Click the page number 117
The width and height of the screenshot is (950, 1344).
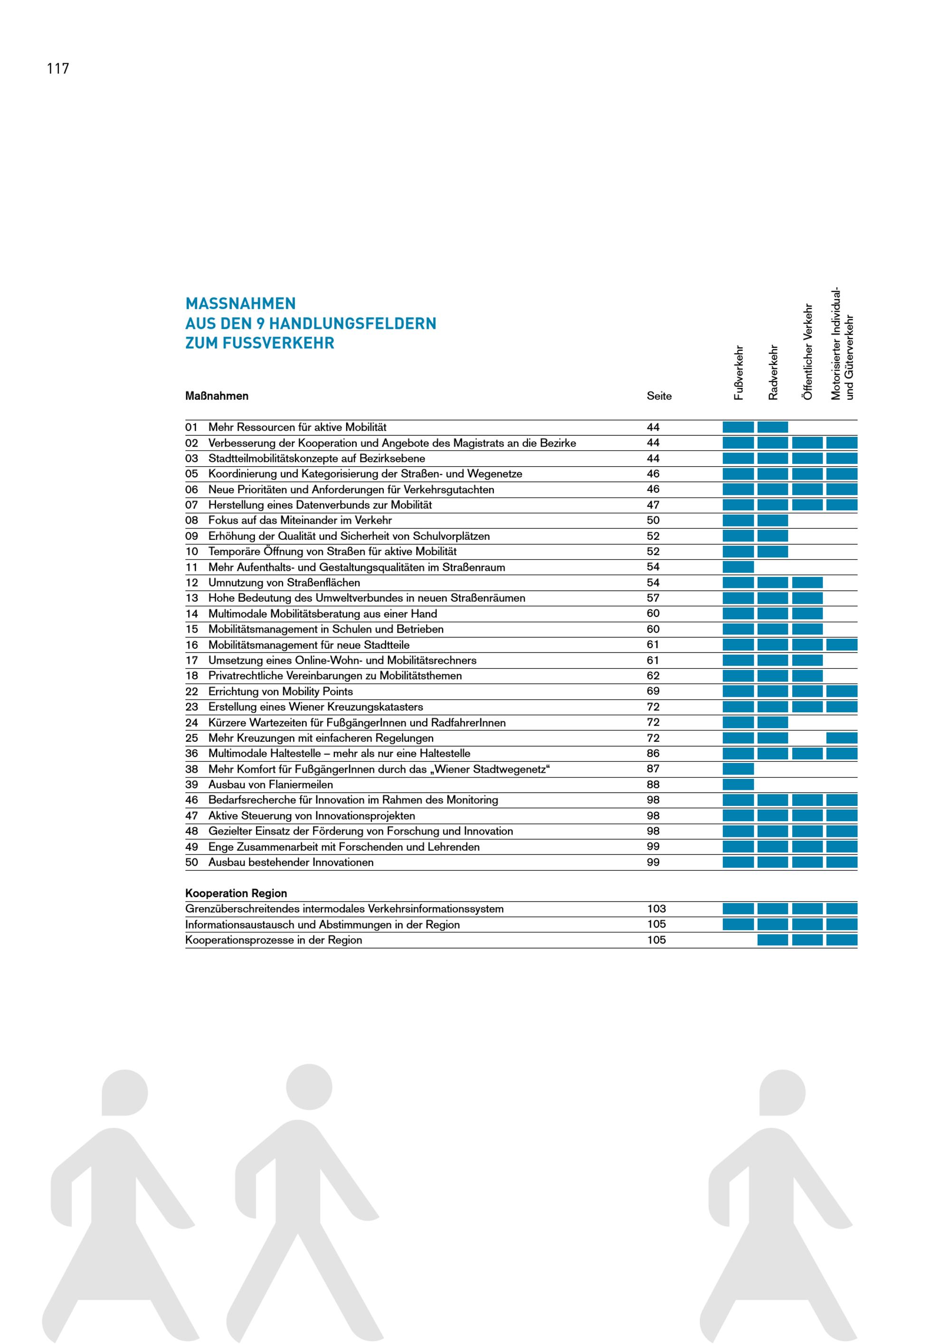[x=58, y=68]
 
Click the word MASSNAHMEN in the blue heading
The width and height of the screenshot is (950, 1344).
[x=240, y=303]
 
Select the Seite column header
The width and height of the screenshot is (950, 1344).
[x=659, y=396]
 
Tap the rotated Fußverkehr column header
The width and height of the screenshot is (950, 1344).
[x=739, y=372]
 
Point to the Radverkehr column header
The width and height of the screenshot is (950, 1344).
[x=773, y=372]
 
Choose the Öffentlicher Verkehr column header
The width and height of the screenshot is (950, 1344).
[x=808, y=352]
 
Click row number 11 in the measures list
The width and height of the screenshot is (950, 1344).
[x=192, y=566]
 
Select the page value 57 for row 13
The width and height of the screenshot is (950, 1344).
[x=653, y=598]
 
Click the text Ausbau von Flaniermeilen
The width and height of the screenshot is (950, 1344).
[x=270, y=784]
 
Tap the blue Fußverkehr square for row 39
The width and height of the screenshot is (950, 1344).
[x=738, y=784]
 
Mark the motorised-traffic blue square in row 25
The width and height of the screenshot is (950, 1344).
[x=842, y=738]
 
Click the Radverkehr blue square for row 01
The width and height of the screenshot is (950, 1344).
[x=773, y=427]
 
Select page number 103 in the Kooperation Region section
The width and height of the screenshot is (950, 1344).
[x=656, y=909]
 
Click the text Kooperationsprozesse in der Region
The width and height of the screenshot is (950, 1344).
[x=274, y=940]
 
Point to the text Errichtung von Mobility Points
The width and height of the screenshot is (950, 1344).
[x=280, y=691]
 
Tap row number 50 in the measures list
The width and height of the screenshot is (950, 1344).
[x=192, y=862]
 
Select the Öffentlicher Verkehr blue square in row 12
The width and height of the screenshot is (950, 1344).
[x=807, y=583]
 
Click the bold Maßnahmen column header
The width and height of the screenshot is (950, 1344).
[x=217, y=396]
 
